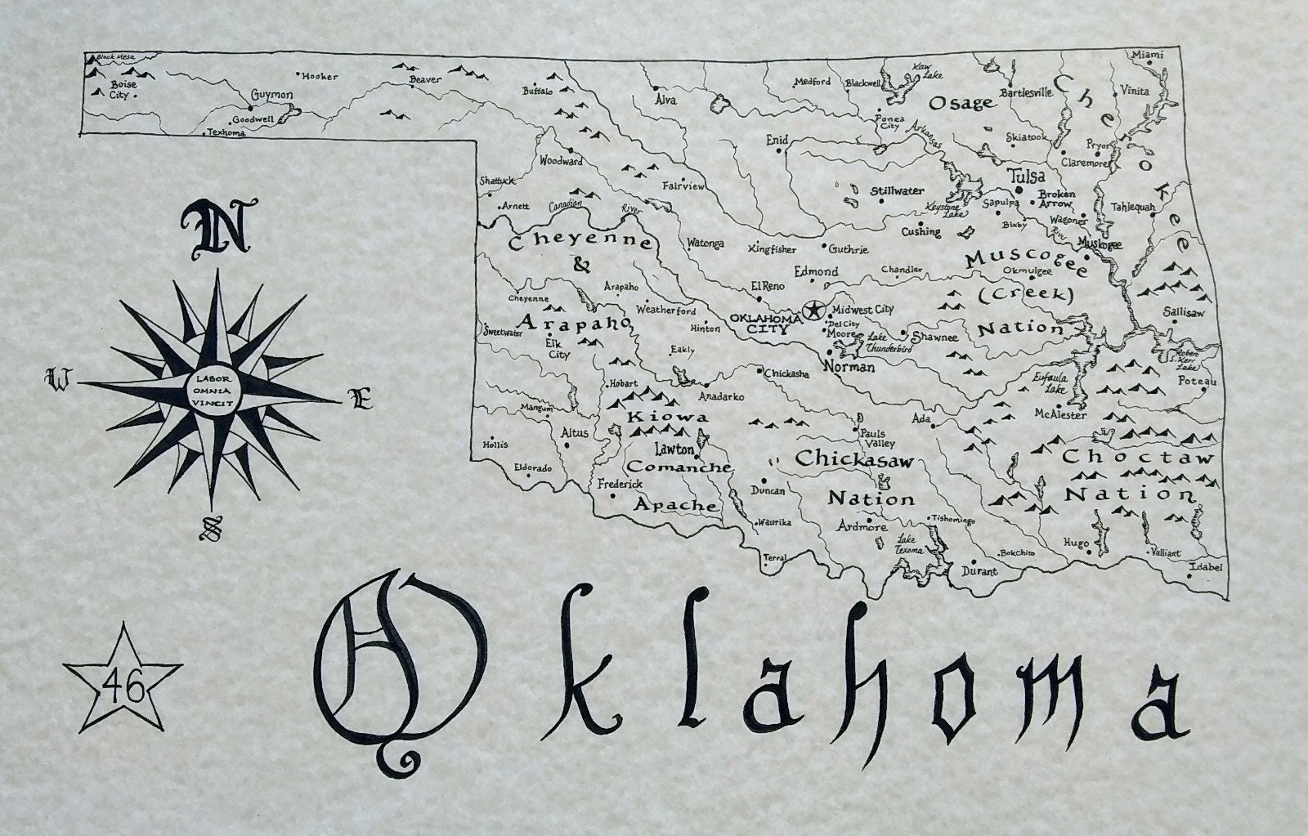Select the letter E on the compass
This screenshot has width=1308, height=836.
pyautogui.click(x=361, y=400)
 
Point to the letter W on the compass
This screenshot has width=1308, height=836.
pyautogui.click(x=59, y=378)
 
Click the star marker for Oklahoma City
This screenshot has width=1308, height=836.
pyautogui.click(x=813, y=310)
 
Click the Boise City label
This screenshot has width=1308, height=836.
pyautogui.click(x=123, y=88)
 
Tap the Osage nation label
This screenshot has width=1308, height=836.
pyautogui.click(x=961, y=103)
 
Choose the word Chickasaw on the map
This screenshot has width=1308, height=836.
pyautogui.click(x=853, y=458)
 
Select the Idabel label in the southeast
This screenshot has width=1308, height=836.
pyautogui.click(x=1207, y=566)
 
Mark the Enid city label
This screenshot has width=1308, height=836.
pyautogui.click(x=777, y=141)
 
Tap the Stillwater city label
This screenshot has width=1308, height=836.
pyautogui.click(x=896, y=191)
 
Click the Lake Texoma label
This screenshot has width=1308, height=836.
pyautogui.click(x=909, y=544)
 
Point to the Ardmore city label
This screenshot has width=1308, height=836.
pyautogui.click(x=862, y=527)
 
